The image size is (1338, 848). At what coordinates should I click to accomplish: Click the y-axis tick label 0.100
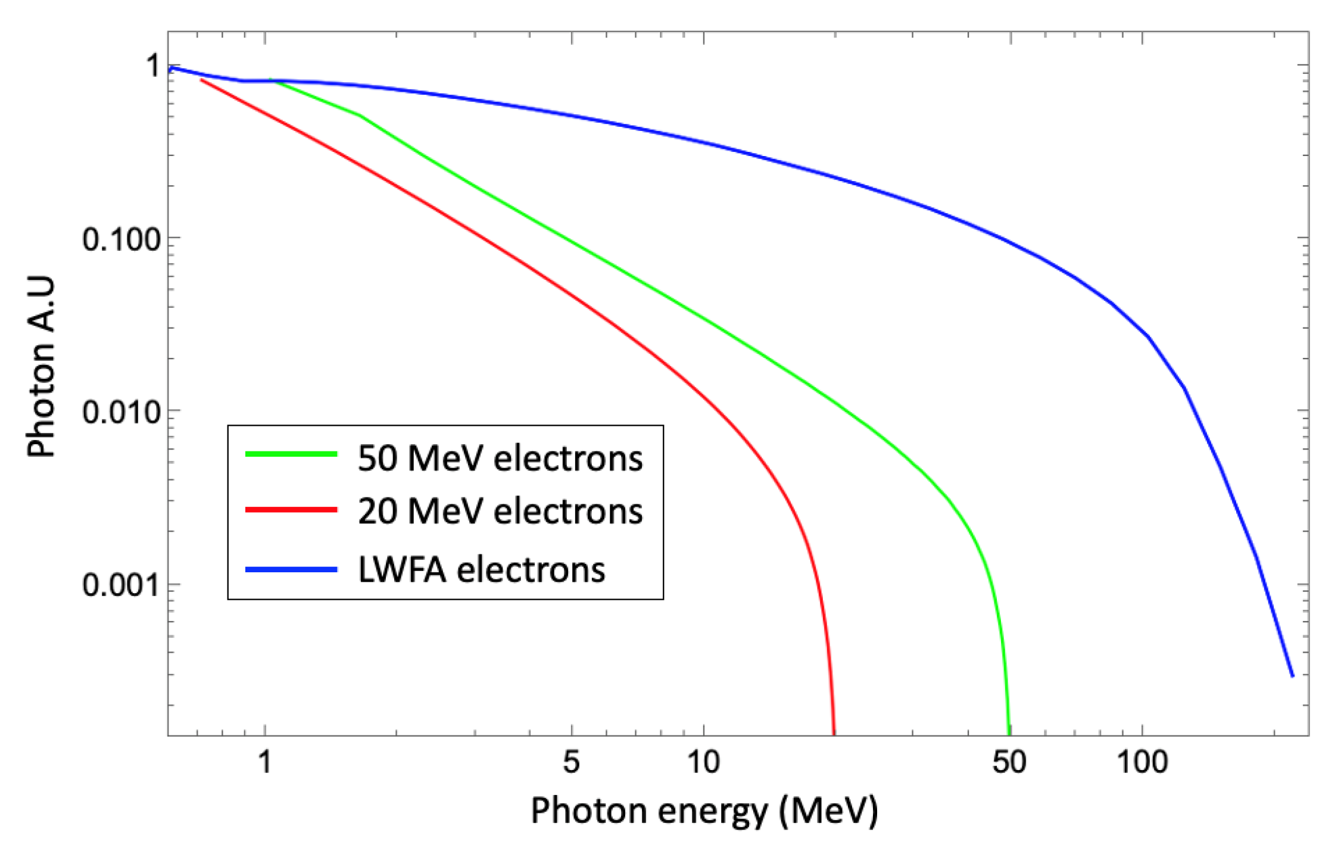tap(121, 240)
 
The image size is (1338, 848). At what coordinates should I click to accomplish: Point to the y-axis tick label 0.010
tap(121, 413)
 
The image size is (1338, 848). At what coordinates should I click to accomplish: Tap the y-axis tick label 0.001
tap(121, 585)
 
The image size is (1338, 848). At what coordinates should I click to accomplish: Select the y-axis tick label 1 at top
tap(154, 66)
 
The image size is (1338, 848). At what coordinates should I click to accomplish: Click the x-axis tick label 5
tap(571, 762)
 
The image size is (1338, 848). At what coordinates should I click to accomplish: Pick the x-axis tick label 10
tap(703, 762)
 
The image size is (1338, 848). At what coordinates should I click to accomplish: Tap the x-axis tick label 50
tap(1009, 762)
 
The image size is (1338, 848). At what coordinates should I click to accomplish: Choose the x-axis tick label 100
tap(1141, 762)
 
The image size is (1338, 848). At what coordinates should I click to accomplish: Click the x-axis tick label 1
tap(265, 762)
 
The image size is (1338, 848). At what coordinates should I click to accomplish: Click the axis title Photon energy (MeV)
tap(704, 811)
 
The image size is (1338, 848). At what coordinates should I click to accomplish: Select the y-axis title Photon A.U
tap(40, 366)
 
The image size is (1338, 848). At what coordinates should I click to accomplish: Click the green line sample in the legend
tap(291, 454)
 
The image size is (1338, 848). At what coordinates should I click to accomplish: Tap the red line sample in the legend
tap(291, 510)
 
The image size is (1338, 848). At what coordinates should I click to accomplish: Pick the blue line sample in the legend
tap(291, 569)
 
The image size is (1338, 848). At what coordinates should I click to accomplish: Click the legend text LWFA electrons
tap(481, 569)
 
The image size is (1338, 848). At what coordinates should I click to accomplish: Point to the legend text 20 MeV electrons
tap(500, 511)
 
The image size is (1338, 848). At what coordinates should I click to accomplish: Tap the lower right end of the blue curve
tap(1292, 676)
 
